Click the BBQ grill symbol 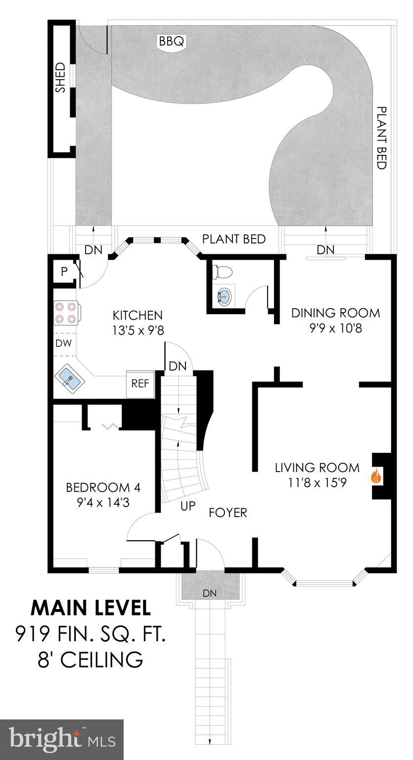click(171, 41)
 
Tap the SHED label click(60, 77)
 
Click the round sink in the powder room click(224, 297)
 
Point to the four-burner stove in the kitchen click(66, 313)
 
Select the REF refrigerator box click(140, 383)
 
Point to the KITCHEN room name click(138, 315)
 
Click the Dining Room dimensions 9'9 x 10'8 click(335, 328)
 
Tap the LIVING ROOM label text click(317, 467)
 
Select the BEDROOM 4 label click(103, 488)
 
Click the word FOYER click(228, 513)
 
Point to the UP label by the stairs click(188, 506)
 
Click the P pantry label click(64, 271)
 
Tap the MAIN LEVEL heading click(91, 608)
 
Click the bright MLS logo click(61, 739)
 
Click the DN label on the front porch click(210, 593)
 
